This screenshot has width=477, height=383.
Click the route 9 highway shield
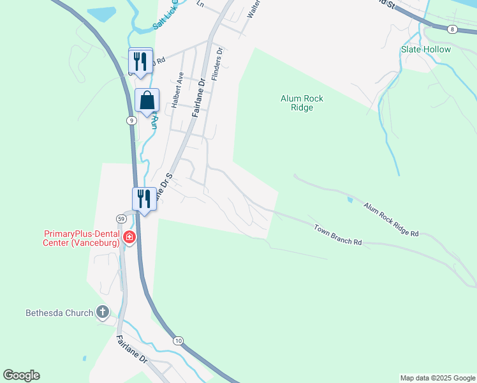point(131,120)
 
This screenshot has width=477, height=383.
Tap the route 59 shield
point(121,219)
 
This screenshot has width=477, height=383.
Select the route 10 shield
point(179,341)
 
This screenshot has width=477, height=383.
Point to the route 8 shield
point(452,29)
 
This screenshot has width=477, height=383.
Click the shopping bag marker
point(147,101)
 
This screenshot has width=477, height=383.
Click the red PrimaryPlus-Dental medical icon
point(129,237)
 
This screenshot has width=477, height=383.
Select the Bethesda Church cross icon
point(102,313)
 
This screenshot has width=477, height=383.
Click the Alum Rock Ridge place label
point(302,103)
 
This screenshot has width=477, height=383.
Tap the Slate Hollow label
point(425,49)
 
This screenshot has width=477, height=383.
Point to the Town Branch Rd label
point(338,234)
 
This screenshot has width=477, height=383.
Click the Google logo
point(21,375)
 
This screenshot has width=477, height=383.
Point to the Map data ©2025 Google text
point(437,378)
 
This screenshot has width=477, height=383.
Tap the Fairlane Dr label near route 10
point(133,350)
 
